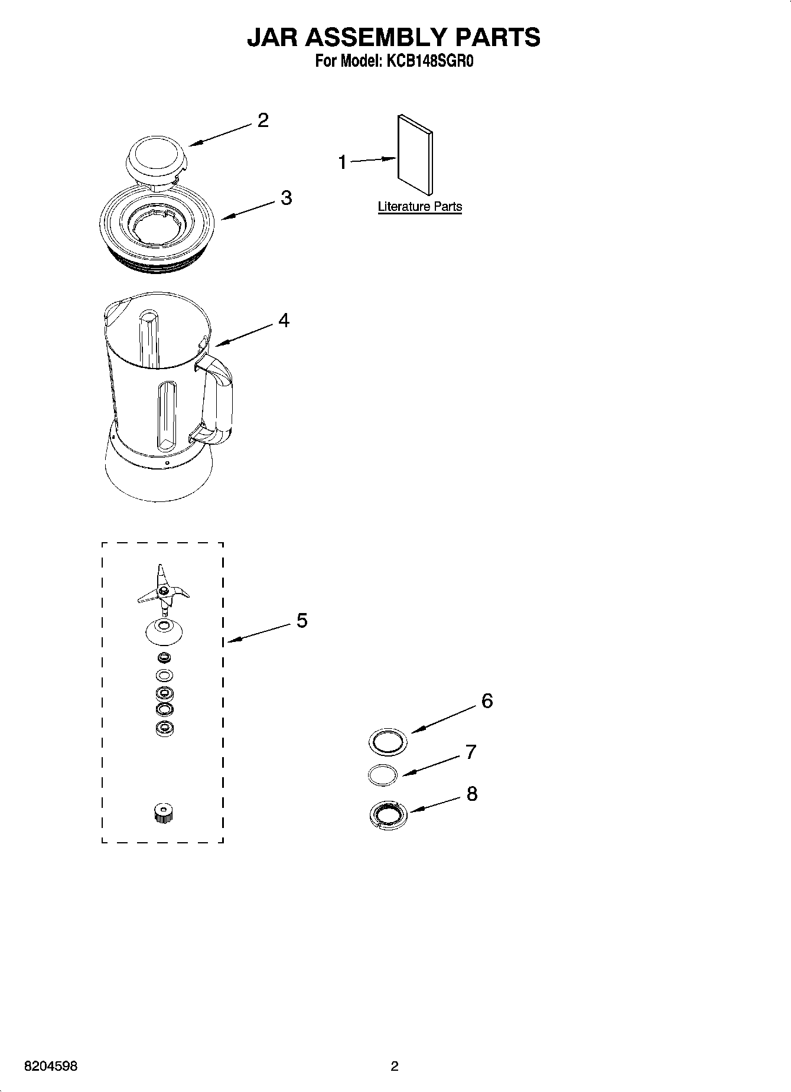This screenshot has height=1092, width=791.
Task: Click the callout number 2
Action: click(263, 120)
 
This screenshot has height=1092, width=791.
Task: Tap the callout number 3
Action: click(286, 198)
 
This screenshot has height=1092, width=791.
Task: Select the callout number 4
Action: click(284, 321)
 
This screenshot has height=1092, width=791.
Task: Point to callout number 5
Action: click(301, 621)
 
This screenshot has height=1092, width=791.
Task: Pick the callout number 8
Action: click(471, 794)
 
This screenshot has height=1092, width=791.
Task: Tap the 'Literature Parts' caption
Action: click(419, 207)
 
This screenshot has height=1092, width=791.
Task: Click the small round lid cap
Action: click(155, 157)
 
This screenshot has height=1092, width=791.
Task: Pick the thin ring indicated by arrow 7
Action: click(382, 774)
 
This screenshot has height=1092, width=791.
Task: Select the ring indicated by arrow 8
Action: click(388, 815)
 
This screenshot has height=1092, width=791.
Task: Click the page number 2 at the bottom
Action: click(395, 1066)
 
